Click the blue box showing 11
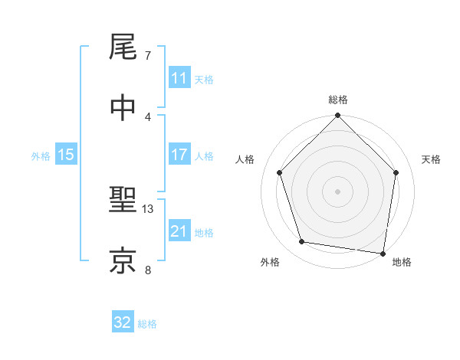[x=179, y=78]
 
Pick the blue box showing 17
[x=179, y=155]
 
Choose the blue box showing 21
[x=179, y=231]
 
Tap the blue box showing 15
[x=66, y=155]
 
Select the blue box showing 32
[x=123, y=322]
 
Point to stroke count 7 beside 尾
[x=148, y=56]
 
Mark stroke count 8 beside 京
[x=148, y=269]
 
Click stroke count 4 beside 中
[x=148, y=116]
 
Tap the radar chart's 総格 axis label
[x=337, y=100]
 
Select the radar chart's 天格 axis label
[x=432, y=159]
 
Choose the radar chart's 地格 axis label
[x=402, y=262]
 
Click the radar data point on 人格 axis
[x=279, y=172]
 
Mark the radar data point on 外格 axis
[x=302, y=242]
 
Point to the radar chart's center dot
[x=337, y=191]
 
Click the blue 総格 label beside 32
[x=147, y=324]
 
